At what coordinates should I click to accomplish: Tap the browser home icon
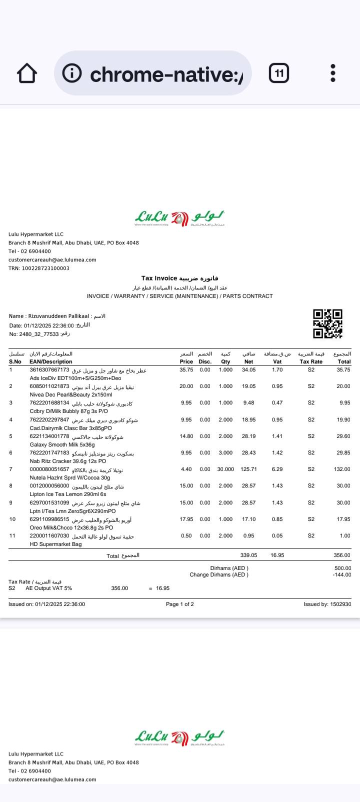27,73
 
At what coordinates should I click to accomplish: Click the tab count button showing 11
279,73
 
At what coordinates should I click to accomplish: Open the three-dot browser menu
333,73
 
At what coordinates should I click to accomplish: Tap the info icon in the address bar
72,73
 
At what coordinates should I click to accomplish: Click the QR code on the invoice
327,323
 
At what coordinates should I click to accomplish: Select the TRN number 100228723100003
46,268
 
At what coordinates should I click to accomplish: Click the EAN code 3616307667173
49,370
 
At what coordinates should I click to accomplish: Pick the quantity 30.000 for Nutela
225,469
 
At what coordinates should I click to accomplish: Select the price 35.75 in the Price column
186,370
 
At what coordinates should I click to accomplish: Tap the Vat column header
277,361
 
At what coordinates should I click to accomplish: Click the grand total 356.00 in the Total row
342,555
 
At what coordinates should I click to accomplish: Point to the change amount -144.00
342,575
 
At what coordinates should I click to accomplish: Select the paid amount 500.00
342,568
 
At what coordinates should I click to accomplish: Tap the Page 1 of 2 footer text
180,604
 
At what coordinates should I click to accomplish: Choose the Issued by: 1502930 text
327,604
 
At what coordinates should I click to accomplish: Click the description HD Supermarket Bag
55,544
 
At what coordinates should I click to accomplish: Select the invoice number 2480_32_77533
39,334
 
